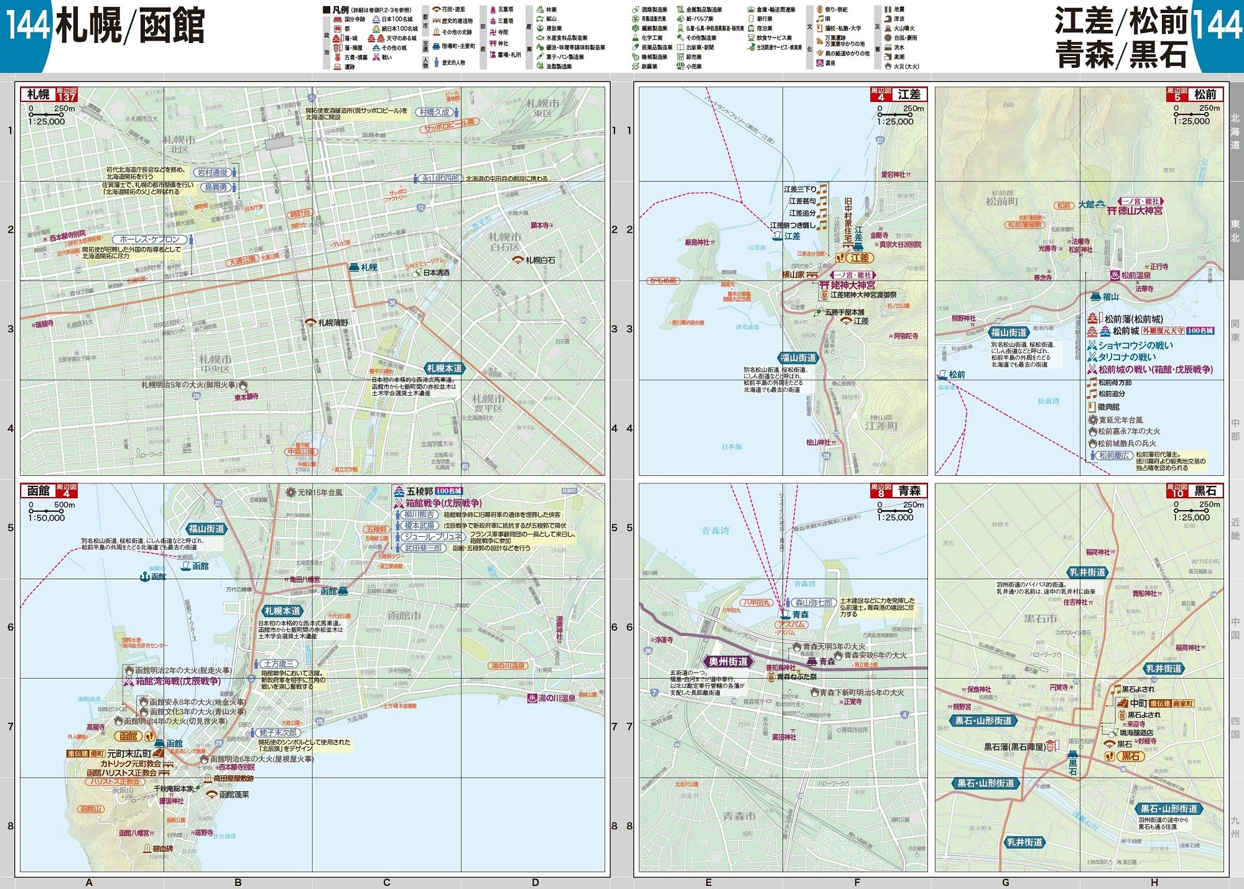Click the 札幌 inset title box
tap(39, 95)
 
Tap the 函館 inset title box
tap(39, 491)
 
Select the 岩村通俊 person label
tap(213, 173)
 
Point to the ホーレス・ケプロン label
tap(149, 240)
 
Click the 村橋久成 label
tap(434, 113)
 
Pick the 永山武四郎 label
tap(440, 179)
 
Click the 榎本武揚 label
tap(419, 526)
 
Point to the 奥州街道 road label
tap(728, 662)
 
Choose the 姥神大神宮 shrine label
tap(853, 285)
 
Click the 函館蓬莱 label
tap(234, 794)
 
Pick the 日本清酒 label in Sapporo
tap(436, 272)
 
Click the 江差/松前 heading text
tap(1121, 22)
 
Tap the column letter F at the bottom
tap(857, 882)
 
